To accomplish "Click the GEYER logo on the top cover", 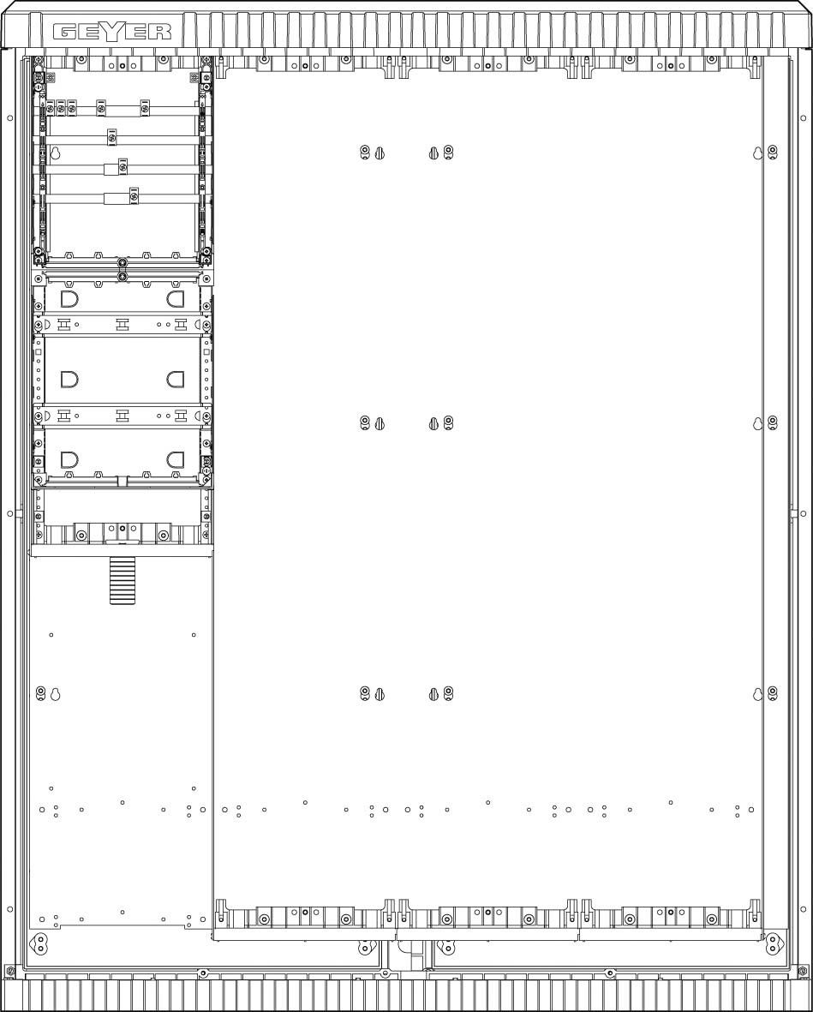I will click(112, 32).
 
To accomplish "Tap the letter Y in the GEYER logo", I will click(112, 32).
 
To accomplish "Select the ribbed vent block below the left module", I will click(122, 580).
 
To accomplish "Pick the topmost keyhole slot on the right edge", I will click(757, 153).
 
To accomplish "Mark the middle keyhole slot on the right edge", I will click(757, 424).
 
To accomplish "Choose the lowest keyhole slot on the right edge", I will click(757, 695).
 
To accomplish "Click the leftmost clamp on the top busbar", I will click(50, 107).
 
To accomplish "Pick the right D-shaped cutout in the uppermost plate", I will click(175, 300).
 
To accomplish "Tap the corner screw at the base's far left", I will click(10, 971).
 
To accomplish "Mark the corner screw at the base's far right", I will click(803, 971).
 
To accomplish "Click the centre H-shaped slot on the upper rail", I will click(123, 325).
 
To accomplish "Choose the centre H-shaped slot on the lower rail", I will click(123, 416).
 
